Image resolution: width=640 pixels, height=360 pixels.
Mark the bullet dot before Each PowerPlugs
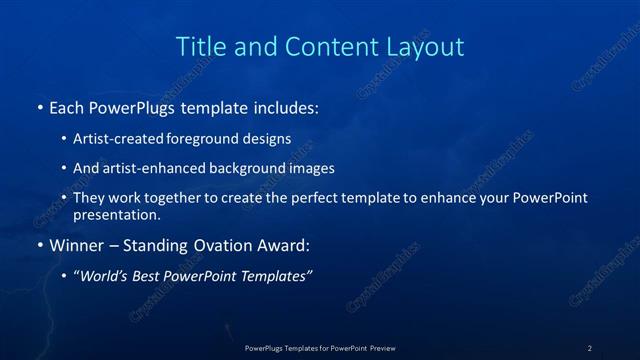point(39,106)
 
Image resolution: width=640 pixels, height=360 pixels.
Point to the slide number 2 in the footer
point(589,347)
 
